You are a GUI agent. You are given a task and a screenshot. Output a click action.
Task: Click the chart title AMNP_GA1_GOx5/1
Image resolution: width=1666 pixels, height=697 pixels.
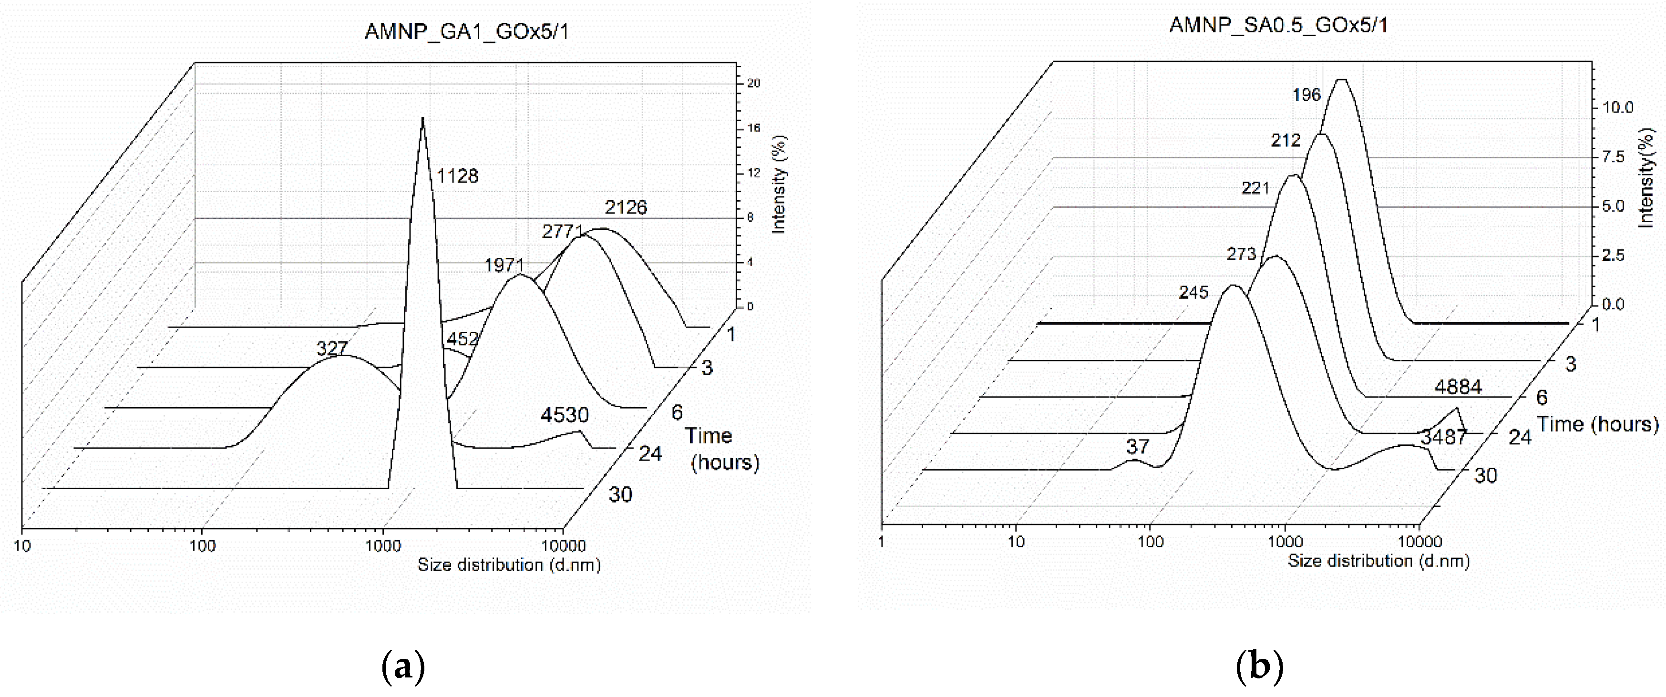pos(466,31)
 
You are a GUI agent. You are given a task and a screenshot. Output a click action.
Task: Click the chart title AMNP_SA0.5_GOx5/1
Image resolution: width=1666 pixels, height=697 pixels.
pos(1279,25)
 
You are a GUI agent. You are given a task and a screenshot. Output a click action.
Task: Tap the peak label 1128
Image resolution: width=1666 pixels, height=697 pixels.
pos(457,176)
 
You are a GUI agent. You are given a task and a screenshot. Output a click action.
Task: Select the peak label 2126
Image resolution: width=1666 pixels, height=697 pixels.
pos(626,207)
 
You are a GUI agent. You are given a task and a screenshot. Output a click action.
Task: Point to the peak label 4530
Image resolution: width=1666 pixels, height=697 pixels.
pos(565,414)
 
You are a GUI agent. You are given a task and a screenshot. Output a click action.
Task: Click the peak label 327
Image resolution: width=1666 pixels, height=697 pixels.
pos(332,348)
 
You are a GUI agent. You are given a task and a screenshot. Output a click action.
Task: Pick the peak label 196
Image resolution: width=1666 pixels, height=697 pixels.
pos(1306,95)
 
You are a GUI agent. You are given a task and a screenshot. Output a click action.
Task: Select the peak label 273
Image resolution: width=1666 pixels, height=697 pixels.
pos(1241,254)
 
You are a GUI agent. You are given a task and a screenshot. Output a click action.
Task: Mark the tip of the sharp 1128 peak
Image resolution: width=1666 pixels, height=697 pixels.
pos(423,119)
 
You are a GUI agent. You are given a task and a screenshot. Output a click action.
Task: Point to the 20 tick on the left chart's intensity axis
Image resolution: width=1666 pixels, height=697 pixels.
pos(753,83)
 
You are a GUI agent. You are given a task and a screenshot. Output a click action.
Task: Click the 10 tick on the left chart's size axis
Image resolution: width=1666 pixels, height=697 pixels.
pos(22,546)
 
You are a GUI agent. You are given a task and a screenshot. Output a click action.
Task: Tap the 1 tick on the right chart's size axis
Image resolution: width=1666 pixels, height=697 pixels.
pos(882,541)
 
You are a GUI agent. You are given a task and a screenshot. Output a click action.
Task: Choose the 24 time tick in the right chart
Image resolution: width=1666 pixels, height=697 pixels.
pos(1519,438)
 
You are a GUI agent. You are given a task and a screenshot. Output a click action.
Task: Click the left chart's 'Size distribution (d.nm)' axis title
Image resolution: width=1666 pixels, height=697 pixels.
pos(509,565)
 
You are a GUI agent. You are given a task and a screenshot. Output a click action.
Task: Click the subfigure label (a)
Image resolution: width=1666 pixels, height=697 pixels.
pos(403,666)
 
